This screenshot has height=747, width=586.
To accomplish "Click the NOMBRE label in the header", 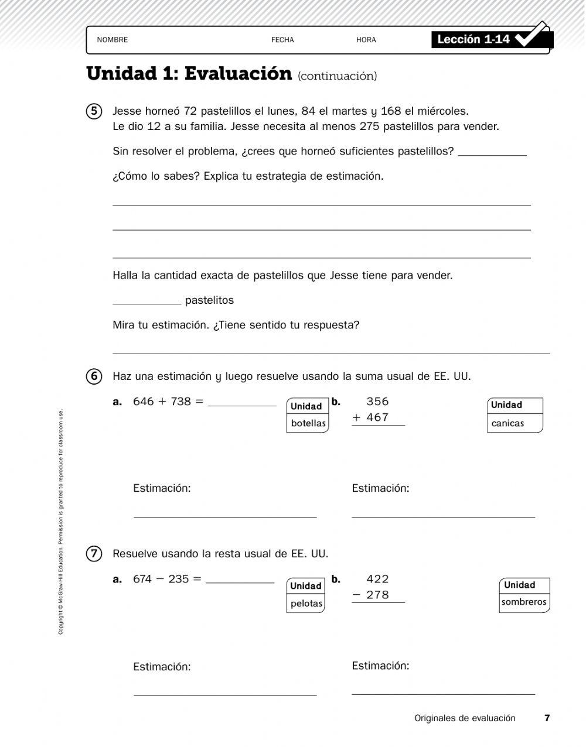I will [112, 40].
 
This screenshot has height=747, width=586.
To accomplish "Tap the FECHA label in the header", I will [282, 40].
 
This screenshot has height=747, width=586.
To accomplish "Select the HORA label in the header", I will [366, 40].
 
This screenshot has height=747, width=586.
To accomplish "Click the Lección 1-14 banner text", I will [473, 39].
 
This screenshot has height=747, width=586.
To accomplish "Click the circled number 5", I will [94, 111].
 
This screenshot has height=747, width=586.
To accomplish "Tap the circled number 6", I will [94, 376].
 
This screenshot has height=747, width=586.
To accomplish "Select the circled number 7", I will [94, 554].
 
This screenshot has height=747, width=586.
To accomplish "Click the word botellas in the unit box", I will [308, 423].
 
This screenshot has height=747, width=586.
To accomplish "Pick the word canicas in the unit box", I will [507, 423].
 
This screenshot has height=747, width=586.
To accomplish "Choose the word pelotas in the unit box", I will [306, 604].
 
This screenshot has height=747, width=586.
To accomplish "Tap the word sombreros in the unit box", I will [524, 602].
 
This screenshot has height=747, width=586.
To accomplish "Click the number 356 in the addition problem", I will [377, 402].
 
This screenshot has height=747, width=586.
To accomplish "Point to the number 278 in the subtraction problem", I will [377, 595].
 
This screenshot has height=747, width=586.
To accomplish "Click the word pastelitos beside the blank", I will [209, 300].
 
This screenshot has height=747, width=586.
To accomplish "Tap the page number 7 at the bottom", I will [547, 718].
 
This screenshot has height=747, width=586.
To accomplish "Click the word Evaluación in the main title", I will [238, 74].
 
